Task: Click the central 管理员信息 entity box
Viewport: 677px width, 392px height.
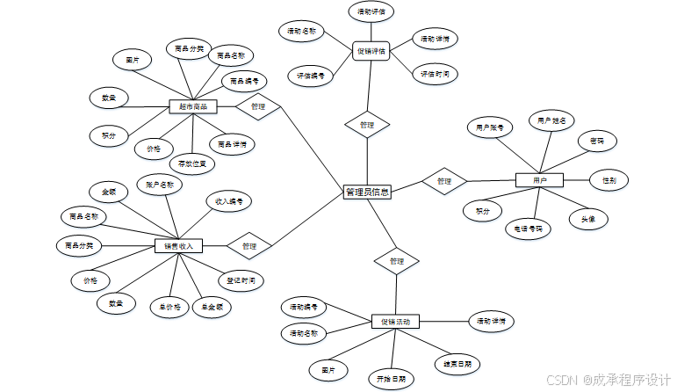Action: click(367, 192)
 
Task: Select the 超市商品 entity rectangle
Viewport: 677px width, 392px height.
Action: click(192, 106)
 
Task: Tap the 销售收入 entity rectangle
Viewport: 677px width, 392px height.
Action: click(178, 245)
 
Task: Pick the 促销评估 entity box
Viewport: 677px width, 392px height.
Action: click(371, 51)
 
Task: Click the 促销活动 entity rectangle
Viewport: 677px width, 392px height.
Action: click(395, 322)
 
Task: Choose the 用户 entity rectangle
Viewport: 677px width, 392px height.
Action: click(539, 180)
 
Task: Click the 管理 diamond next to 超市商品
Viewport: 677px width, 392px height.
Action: click(258, 106)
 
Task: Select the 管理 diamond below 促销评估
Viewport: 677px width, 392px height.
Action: click(367, 125)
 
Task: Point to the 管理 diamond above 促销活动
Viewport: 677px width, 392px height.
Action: click(396, 260)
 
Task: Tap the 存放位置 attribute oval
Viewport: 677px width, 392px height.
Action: click(191, 163)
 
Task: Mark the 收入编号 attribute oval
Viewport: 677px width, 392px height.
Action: click(229, 201)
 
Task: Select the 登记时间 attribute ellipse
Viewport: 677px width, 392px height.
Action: click(241, 281)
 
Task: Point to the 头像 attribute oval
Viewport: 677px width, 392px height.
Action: click(588, 219)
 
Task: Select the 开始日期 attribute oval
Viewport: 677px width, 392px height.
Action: click(391, 379)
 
